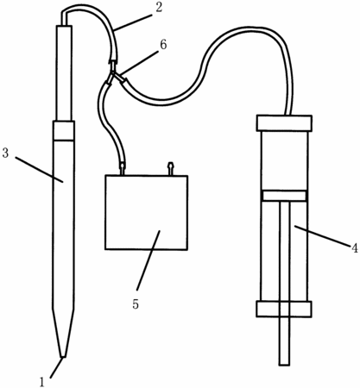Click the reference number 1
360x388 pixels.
click(42, 382)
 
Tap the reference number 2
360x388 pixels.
click(159, 7)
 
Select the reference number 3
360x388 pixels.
click(5, 153)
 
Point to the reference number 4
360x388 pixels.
click(354, 247)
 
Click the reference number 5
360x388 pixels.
click(136, 304)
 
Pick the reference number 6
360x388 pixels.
click(163, 45)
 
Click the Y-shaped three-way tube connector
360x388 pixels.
click(115, 74)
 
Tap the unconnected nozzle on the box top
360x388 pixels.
click(171, 169)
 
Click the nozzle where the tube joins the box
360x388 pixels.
click(123, 169)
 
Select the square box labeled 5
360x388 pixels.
click(147, 212)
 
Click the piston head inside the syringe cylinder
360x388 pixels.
click(284, 196)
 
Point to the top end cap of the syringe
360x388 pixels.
click(284, 123)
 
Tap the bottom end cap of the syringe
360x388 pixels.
click(284, 309)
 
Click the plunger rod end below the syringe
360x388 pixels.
click(284, 341)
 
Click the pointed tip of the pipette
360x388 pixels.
click(63, 357)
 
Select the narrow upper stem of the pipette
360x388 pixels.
click(64, 73)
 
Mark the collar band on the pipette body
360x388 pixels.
click(63, 130)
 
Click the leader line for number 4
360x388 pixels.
click(322, 236)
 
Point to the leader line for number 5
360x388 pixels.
click(148, 260)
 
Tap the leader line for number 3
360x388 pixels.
click(39, 170)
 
